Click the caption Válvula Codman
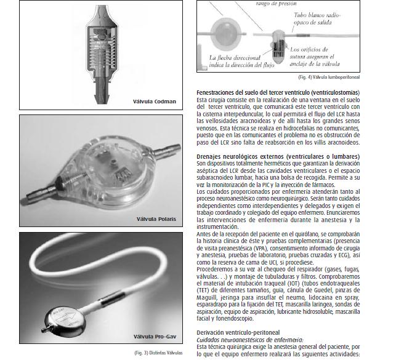(155, 102)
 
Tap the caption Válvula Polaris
(156, 219)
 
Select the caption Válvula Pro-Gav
(155, 337)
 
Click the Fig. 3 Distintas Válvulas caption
(158, 353)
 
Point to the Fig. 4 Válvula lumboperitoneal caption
(329, 77)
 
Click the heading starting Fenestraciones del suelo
(278, 92)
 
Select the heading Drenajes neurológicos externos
(278, 156)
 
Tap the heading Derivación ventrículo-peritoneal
(238, 332)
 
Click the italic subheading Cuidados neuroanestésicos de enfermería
(250, 340)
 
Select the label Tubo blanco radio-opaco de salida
(317, 18)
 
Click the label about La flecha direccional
(241, 62)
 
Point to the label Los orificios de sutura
(315, 57)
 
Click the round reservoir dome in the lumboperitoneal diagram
(222, 34)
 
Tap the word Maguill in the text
(206, 297)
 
